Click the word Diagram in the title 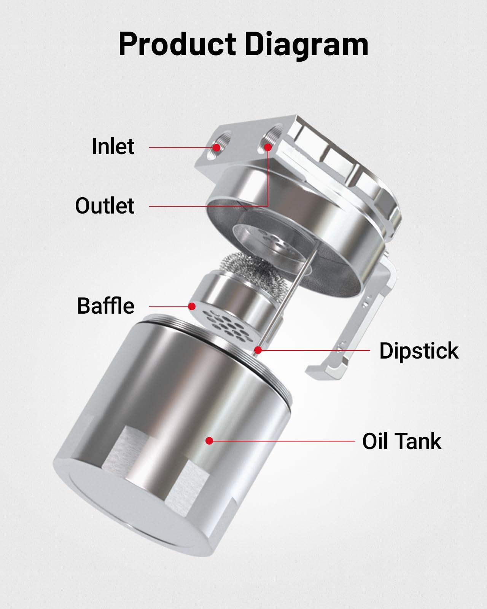306,45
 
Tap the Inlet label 113,147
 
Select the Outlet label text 105,206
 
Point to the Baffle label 106,306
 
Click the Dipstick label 419,351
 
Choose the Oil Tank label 402,441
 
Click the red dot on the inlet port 216,147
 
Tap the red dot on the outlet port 268,147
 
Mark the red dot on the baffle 192,306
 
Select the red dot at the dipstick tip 258,350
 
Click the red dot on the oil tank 209,441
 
